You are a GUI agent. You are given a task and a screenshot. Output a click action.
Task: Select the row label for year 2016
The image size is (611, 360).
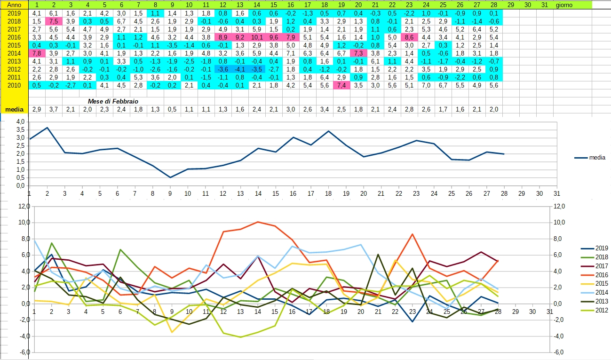tap(14, 37)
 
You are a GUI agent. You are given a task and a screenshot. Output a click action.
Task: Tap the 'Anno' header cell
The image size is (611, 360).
tap(14, 4)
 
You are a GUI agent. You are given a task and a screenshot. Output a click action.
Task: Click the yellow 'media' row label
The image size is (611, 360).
tap(14, 110)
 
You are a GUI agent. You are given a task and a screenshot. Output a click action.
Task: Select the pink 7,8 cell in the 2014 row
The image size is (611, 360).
tap(37, 53)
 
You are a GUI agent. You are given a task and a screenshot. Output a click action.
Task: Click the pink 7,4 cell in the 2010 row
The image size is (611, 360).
tap(341, 85)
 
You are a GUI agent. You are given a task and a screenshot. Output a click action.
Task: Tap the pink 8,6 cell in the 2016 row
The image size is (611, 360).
tap(409, 37)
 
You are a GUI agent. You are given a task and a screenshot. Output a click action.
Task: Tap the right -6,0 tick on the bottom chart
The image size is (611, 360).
tap(558, 352)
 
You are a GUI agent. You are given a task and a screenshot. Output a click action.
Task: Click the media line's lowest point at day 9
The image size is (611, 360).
tap(170, 177)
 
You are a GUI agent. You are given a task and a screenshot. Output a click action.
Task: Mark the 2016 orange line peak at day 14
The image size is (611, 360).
tap(257, 222)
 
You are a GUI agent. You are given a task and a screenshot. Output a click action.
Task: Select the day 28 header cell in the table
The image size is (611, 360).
tap(494, 4)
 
